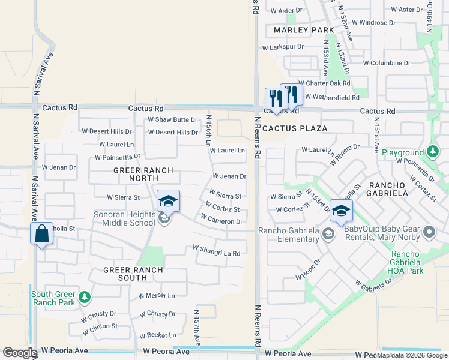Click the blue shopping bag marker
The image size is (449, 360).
(41, 233)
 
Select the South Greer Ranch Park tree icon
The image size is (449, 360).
(85, 297)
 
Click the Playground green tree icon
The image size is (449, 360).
(432, 152)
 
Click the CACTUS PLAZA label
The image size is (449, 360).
(295, 128)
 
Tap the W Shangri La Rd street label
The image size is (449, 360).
(216, 254)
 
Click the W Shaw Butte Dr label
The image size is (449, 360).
(173, 120)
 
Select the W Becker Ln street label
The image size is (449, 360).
(157, 335)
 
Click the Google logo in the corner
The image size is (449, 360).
(20, 353)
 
